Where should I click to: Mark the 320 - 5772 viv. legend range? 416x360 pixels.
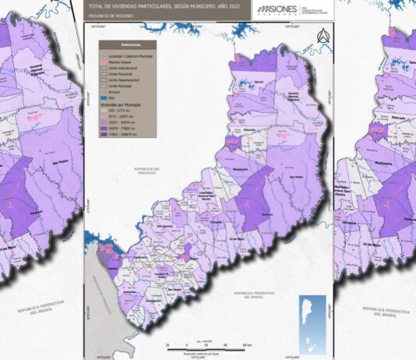pos(116,109)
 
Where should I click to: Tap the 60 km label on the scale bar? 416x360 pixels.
pos(246,344)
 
